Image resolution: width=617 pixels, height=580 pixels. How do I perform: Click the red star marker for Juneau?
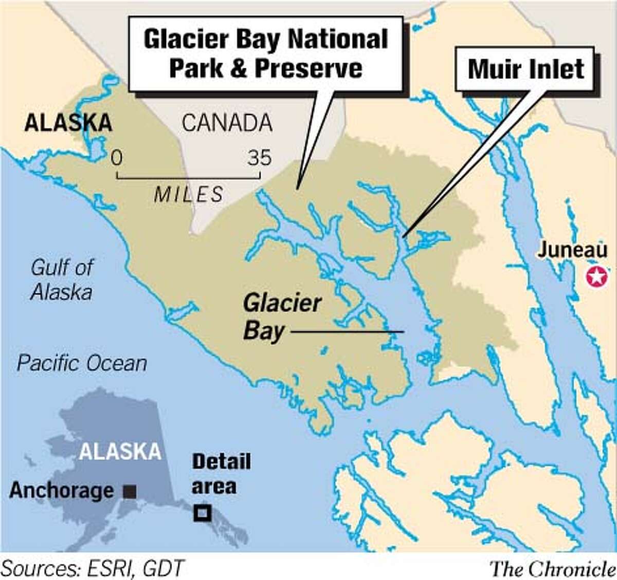coord(596,277)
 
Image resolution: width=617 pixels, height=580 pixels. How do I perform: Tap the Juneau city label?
coord(572,250)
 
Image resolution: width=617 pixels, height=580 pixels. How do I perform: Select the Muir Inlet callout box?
coord(525,69)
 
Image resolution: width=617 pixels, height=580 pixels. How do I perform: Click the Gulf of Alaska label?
coord(62,279)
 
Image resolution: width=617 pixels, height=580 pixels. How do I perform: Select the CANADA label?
coord(227,123)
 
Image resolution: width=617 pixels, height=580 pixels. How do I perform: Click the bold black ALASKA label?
coord(68,123)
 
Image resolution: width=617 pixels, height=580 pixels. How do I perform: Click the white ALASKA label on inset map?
coord(120,452)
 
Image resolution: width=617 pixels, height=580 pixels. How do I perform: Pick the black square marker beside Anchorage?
coord(130,492)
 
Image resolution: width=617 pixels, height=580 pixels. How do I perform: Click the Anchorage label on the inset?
coord(61,491)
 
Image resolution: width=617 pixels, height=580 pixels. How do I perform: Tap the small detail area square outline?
coord(202,513)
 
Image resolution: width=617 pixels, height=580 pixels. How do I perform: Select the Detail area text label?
coord(221,474)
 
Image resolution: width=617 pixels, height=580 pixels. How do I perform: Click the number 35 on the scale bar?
coord(259,158)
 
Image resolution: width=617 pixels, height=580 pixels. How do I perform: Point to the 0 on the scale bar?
coord(117,158)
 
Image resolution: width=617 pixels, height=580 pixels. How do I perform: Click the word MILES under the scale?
coord(189,195)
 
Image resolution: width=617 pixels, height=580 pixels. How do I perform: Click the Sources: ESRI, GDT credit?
coord(93,568)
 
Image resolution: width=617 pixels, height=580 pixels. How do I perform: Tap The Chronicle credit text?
coord(552,569)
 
